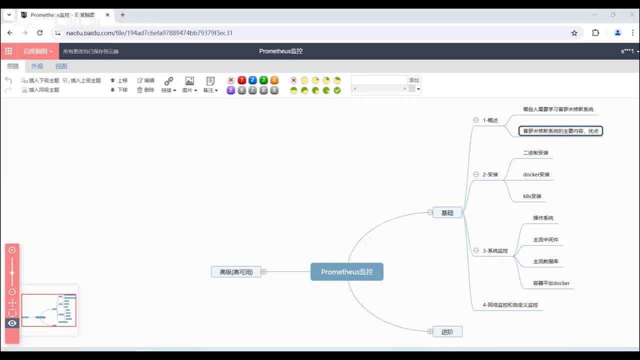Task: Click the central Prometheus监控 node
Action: click(347, 272)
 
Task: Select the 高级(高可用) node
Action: click(236, 272)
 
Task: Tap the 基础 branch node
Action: click(447, 212)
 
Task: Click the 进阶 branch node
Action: click(447, 331)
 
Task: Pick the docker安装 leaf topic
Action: click(536, 174)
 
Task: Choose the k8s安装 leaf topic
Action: click(532, 196)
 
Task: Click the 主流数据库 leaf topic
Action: click(545, 261)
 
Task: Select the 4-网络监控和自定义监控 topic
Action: click(510, 304)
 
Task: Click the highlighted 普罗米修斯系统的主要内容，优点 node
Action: click(560, 131)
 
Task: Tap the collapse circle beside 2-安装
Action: click(476, 174)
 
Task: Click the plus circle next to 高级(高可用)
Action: click(264, 272)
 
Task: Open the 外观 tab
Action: click(37, 66)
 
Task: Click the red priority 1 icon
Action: click(242, 80)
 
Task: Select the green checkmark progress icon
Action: click(337, 90)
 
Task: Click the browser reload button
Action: click(40, 33)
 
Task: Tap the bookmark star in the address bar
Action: click(574, 33)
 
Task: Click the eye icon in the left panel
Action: click(12, 323)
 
